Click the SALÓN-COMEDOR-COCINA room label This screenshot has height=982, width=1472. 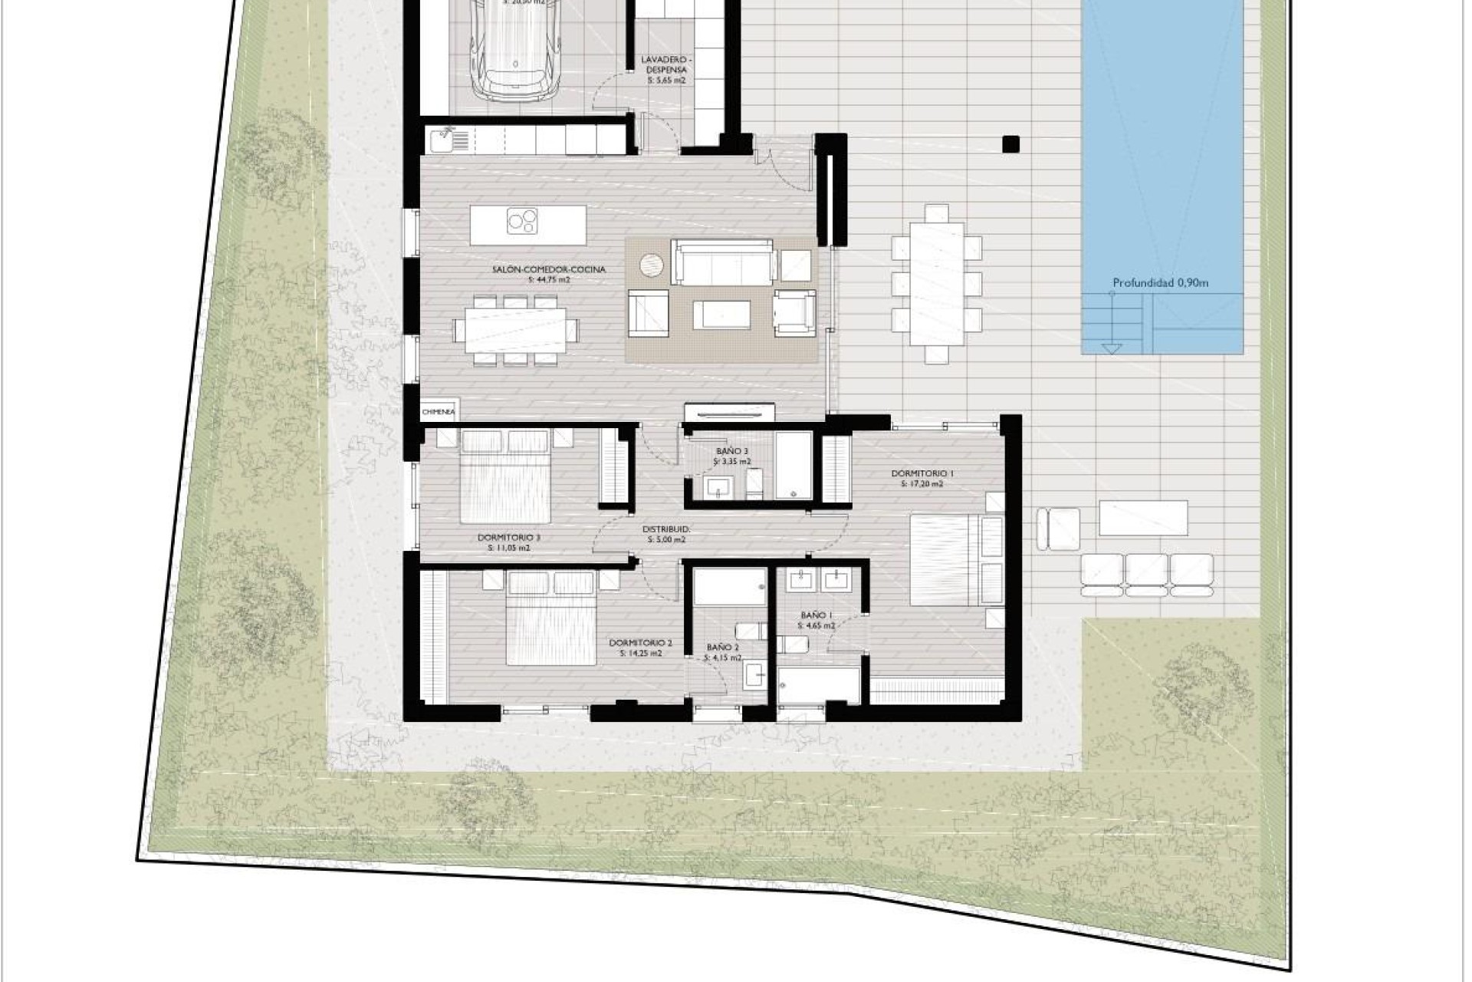pos(549,269)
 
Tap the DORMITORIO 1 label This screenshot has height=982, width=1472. pos(922,473)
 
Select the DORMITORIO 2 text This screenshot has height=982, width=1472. pos(640,643)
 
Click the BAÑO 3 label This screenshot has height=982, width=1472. pos(732,451)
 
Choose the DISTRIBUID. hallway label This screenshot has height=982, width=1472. pos(666,529)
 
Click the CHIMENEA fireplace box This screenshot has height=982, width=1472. pos(439,412)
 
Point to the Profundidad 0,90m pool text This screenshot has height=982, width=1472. pos(1160,283)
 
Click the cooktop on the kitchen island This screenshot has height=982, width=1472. pos(522,222)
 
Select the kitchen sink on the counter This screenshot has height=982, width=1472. pos(442,140)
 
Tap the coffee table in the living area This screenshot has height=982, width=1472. pos(721,314)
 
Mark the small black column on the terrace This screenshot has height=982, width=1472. pos(1010,144)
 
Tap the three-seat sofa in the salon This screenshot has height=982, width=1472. pos(722,262)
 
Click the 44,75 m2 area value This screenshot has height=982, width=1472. pos(549,280)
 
